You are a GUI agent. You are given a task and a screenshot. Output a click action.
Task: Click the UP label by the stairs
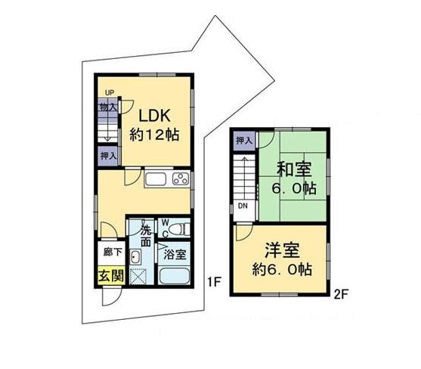point(110,93)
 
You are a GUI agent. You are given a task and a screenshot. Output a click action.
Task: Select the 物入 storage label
point(107,107)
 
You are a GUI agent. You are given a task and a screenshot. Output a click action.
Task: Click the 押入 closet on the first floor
point(107,156)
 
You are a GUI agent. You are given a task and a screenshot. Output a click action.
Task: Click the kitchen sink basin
point(156,179)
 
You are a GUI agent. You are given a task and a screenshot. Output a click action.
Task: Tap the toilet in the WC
point(178,228)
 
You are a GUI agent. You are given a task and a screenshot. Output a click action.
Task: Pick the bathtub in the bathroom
point(175,276)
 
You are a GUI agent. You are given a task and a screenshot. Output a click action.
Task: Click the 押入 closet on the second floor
point(243,141)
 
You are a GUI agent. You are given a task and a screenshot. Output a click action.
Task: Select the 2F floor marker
point(339,296)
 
